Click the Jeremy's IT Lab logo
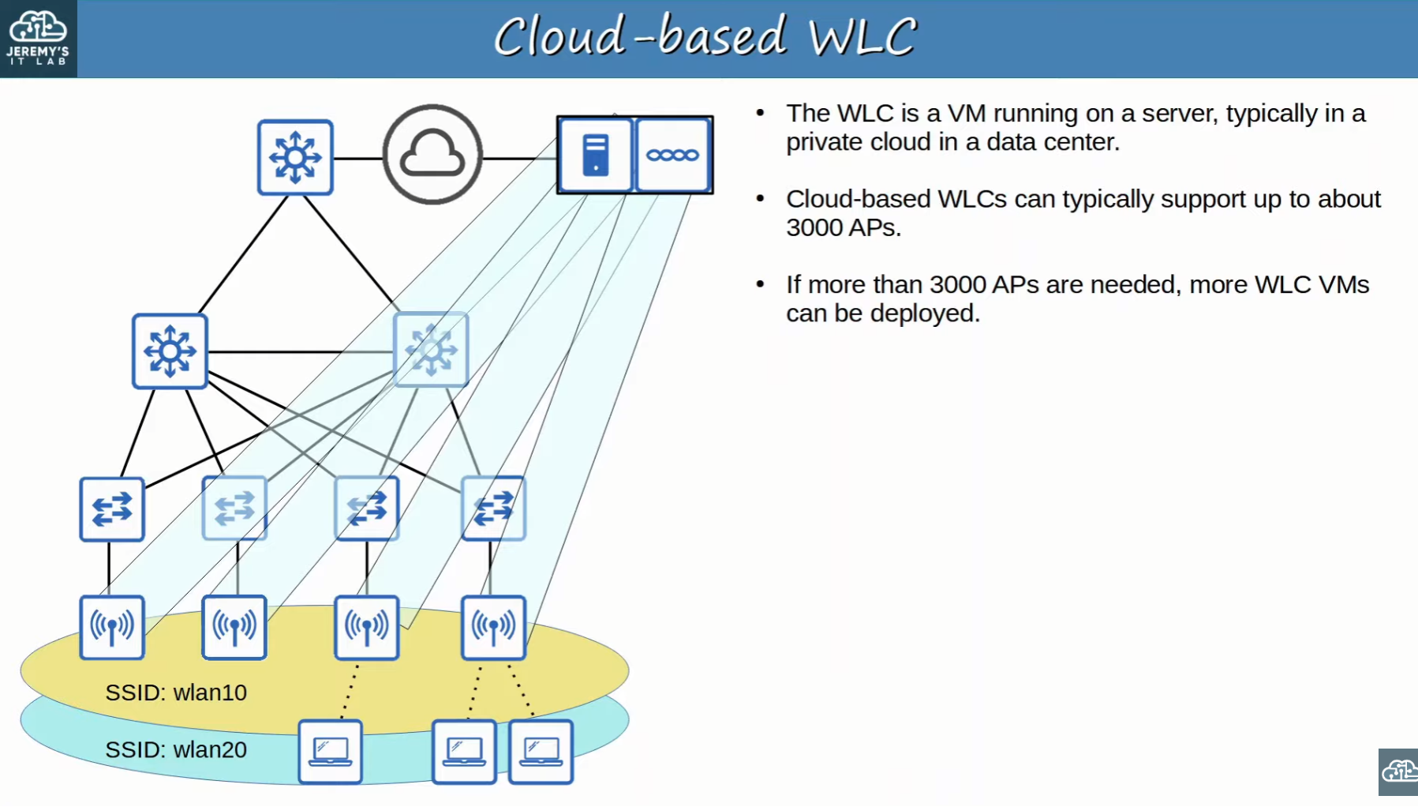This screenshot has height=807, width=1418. (38, 38)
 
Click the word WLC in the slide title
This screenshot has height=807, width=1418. (862, 36)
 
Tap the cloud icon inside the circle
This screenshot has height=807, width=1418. (432, 154)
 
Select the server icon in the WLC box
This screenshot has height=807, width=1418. (596, 155)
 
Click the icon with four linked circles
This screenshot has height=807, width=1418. (672, 155)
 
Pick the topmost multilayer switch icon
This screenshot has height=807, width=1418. (295, 157)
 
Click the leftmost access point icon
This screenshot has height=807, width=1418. (112, 627)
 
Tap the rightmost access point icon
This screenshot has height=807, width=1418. (493, 627)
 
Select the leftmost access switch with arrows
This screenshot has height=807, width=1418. (112, 509)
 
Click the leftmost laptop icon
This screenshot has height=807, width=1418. (331, 751)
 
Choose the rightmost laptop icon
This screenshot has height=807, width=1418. (541, 751)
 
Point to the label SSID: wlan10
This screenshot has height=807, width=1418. (176, 693)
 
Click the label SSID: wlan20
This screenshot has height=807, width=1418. (176, 749)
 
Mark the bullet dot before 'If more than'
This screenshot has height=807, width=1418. (760, 284)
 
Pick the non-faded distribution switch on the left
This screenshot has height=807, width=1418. (170, 351)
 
